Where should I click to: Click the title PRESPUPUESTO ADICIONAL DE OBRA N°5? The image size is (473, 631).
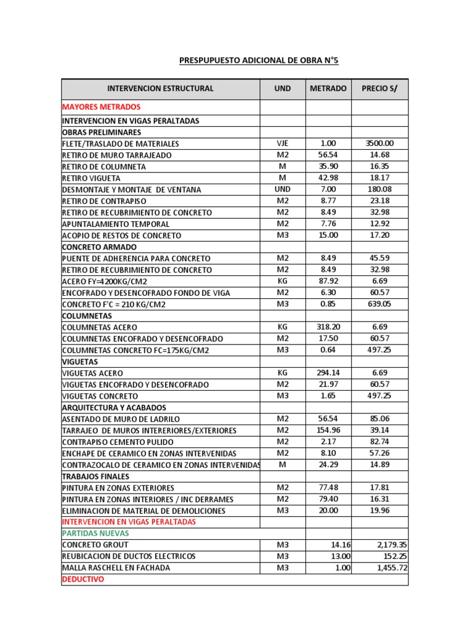point(259,60)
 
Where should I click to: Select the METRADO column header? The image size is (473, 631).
point(328,89)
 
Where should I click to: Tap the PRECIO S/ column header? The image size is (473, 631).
point(379,89)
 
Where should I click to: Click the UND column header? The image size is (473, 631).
point(283,89)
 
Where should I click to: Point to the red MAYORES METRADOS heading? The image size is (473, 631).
point(102,107)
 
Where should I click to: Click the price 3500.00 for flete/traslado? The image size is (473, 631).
point(379,144)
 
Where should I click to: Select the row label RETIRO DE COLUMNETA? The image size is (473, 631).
point(104,167)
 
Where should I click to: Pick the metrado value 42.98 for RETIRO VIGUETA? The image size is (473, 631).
point(328,178)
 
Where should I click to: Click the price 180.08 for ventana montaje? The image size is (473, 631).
point(379,190)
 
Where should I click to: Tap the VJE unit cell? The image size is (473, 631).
point(283,144)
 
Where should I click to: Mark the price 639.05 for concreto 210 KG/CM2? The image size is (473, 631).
point(379,304)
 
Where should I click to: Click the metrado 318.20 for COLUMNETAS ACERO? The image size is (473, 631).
point(328,327)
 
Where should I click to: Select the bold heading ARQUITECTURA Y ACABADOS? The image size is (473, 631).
point(114,408)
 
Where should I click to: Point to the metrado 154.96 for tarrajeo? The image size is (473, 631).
point(328,431)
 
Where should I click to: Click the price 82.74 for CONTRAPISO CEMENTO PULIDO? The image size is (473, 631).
point(379,442)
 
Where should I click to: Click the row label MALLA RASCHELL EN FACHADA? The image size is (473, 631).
point(116,568)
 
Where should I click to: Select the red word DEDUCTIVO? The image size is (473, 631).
point(83,580)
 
